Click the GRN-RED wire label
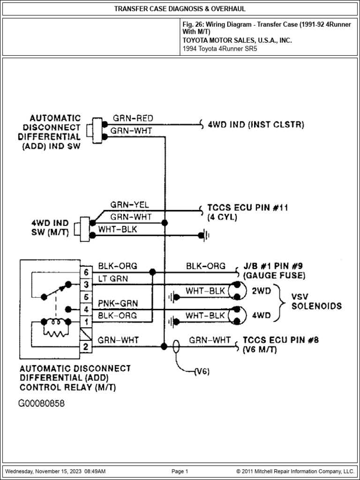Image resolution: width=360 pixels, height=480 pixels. pyautogui.click(x=133, y=118)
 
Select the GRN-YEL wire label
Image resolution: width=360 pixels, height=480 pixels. pyautogui.click(x=129, y=205)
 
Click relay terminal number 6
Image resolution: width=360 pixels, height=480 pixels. pyautogui.click(x=86, y=272)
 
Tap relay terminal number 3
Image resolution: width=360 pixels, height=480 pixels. pyautogui.click(x=86, y=285)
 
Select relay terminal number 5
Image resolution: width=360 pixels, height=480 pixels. pyautogui.click(x=86, y=297)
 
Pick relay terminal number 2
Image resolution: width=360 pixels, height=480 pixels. pyautogui.click(x=86, y=347)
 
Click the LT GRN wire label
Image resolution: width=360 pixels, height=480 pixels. pyautogui.click(x=113, y=278)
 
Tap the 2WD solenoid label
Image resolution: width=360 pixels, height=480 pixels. pyautogui.click(x=262, y=291)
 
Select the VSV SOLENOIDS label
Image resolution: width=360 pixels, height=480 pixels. pyautogui.click(x=316, y=301)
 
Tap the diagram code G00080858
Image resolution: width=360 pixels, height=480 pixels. pyautogui.click(x=42, y=403)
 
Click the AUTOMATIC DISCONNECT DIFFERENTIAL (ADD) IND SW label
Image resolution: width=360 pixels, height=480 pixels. pyautogui.click(x=49, y=132)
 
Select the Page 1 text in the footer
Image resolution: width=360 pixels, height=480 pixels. pyautogui.click(x=180, y=471)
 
